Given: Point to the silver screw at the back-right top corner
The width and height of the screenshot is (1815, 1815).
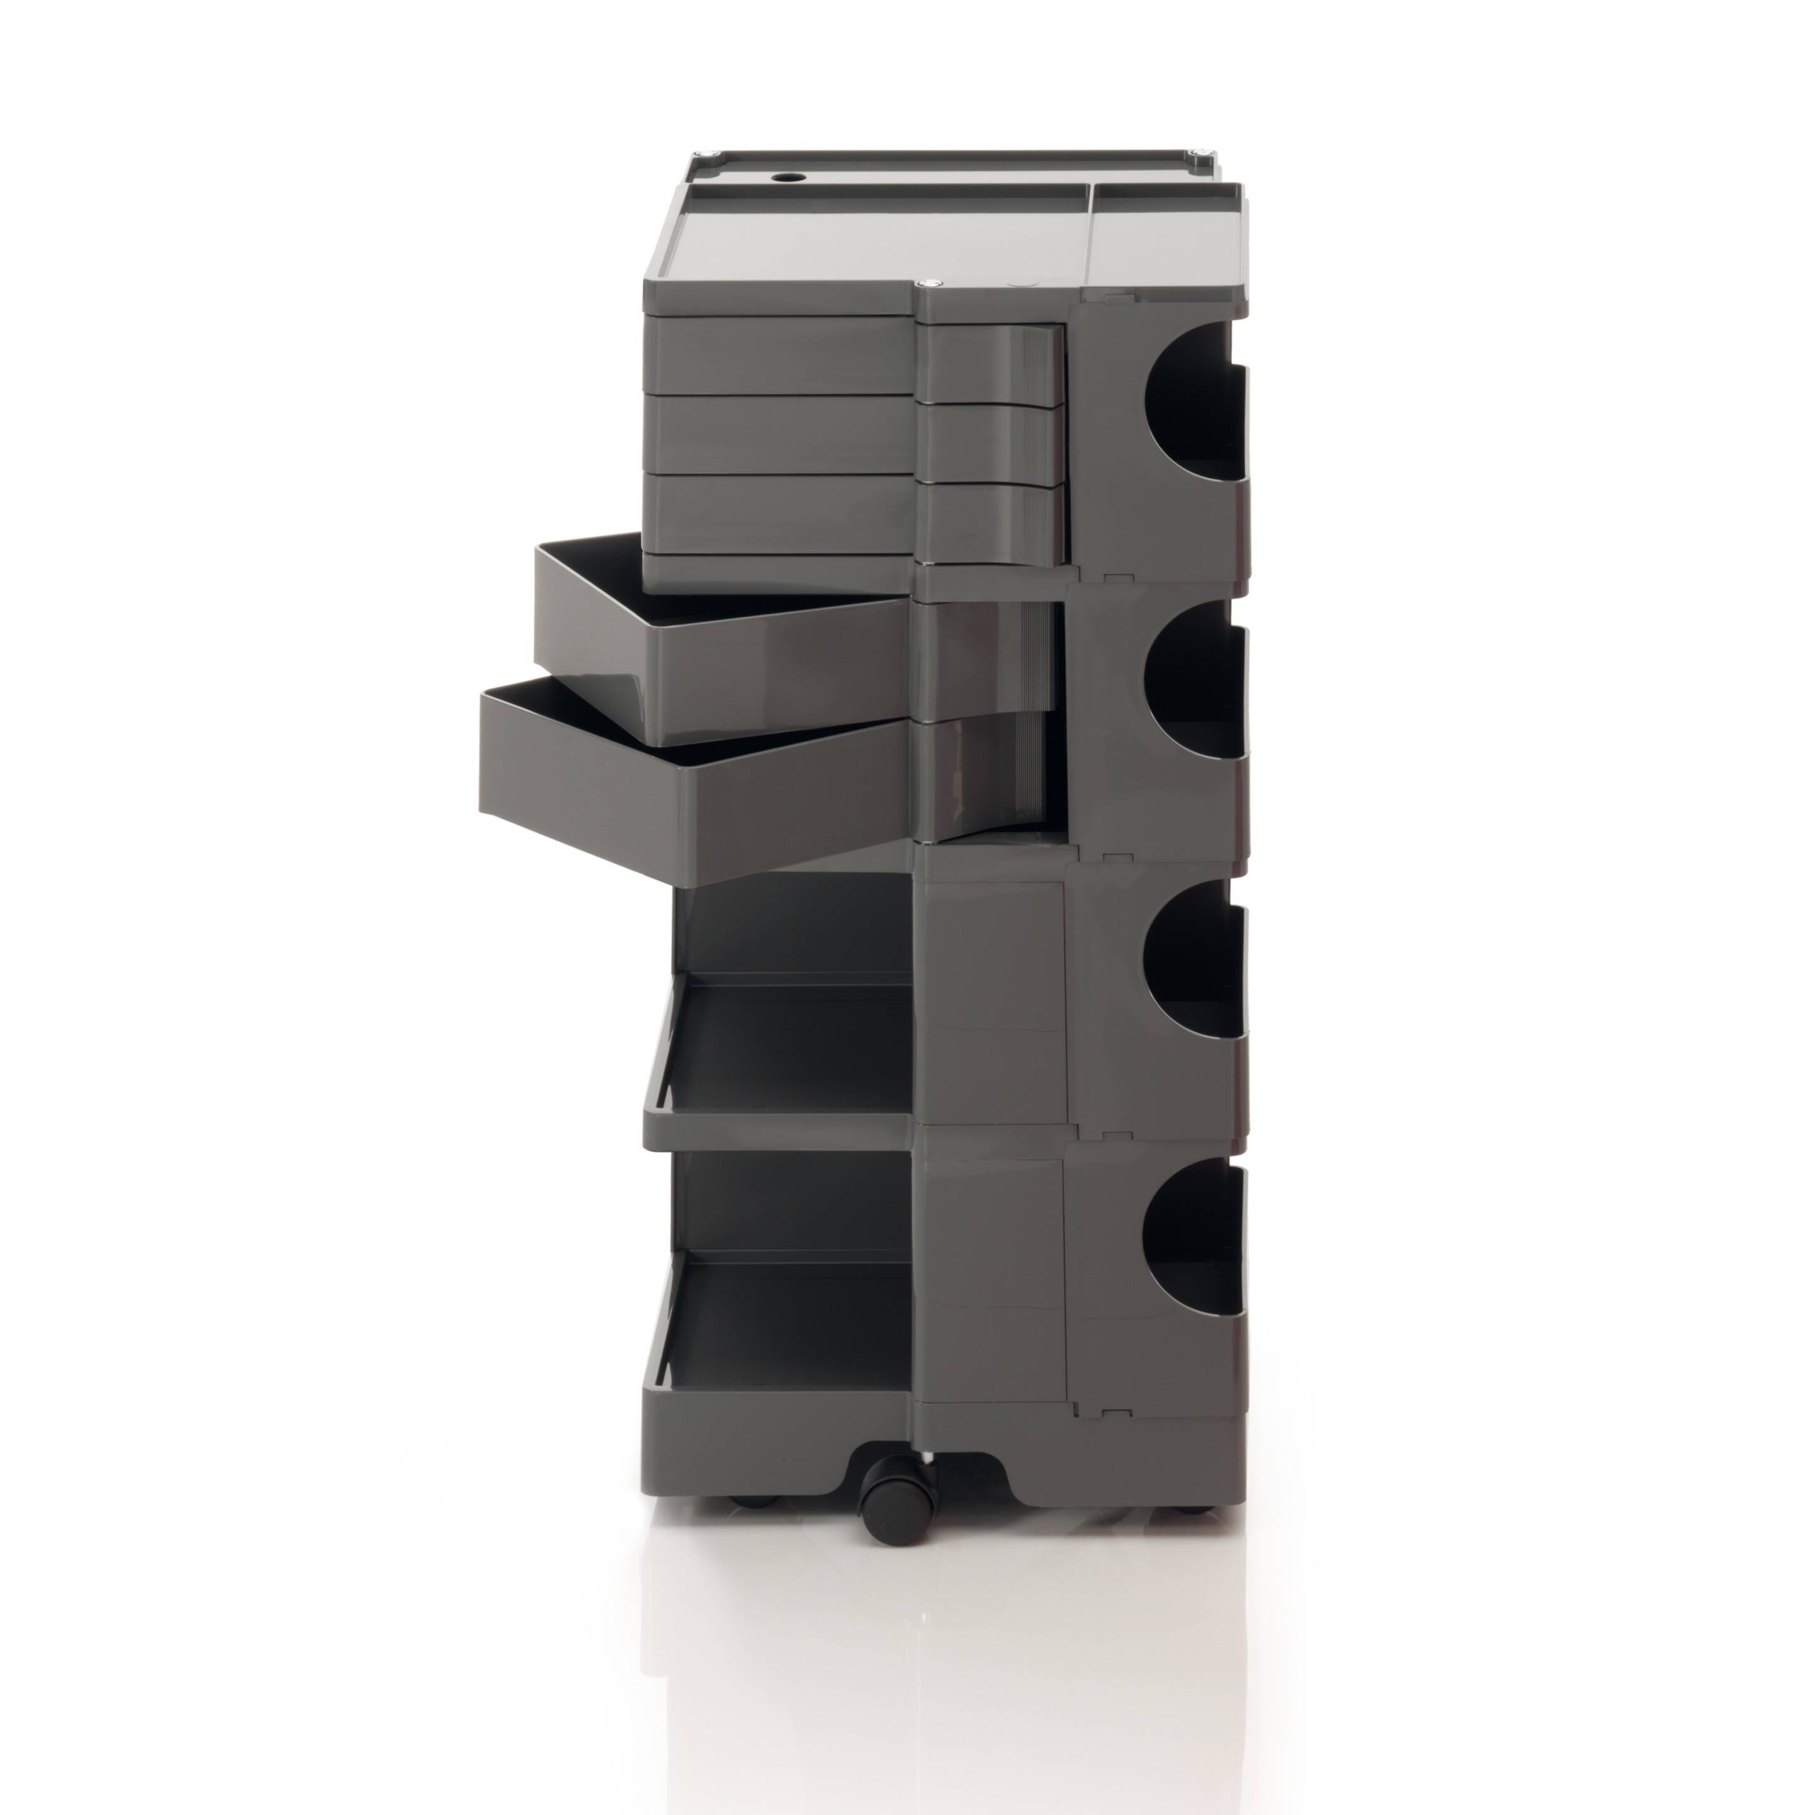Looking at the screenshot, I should point(1200,155).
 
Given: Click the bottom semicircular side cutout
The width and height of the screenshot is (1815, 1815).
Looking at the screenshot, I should point(1189,1240).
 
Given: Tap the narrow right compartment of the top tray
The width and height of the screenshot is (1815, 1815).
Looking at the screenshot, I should point(1160,245).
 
